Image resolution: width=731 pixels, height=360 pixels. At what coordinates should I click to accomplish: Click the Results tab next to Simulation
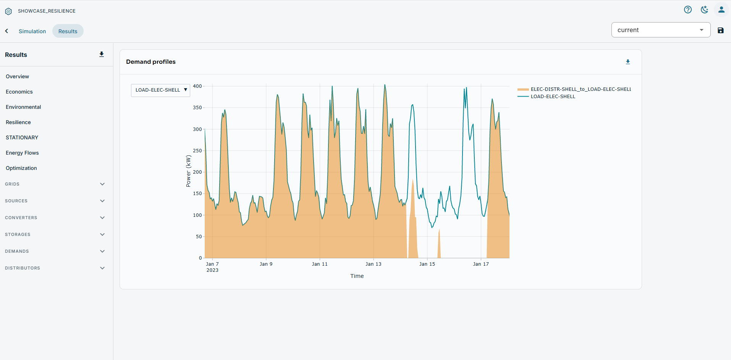pos(68,31)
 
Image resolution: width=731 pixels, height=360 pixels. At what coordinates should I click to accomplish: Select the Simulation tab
pos(32,31)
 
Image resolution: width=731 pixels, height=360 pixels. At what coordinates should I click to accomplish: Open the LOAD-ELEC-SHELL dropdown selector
pos(160,90)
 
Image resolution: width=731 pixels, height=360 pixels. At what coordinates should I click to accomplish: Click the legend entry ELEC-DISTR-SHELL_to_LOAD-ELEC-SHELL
pos(574,89)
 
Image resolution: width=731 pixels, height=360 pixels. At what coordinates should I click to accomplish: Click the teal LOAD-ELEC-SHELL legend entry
pos(546,97)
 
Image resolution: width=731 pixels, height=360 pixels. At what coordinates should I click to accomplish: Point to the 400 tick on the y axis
pos(197,86)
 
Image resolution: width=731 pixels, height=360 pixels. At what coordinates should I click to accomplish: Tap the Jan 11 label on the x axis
pos(320,264)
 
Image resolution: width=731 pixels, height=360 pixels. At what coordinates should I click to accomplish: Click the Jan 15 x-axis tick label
pos(427,264)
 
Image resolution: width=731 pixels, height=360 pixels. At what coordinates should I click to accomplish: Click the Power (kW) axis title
pos(188,171)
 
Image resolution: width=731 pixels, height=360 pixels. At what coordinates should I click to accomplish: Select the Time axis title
pos(357,276)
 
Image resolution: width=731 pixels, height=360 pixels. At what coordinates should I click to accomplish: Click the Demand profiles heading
pos(151,62)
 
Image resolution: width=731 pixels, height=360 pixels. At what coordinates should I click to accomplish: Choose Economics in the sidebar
pos(19,92)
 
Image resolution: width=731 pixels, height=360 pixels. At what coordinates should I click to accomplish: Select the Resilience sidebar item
pos(18,122)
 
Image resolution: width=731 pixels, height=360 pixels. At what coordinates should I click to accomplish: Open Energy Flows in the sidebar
pos(22,153)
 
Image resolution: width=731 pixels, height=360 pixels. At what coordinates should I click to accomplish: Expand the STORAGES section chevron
pos(102,234)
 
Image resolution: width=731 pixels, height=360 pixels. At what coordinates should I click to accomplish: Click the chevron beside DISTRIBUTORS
pos(102,268)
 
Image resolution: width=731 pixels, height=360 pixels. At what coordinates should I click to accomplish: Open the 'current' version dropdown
pos(661,30)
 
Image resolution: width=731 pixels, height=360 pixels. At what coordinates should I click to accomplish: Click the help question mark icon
pos(688,10)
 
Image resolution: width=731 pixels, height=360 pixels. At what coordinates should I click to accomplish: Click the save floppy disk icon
pos(721,31)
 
